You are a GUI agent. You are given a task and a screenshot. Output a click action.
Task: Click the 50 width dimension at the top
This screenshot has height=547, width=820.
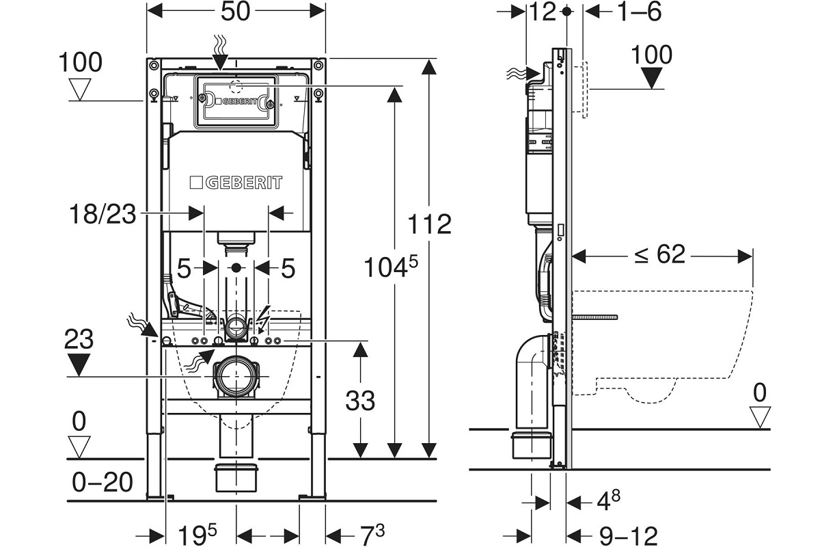pos(235,12)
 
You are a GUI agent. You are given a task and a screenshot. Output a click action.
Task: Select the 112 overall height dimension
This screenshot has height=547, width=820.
pos(430,224)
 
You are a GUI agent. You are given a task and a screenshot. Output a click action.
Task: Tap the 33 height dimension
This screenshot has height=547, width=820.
pos(359,400)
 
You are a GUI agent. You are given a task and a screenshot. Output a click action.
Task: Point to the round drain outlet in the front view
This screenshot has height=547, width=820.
pos(236,375)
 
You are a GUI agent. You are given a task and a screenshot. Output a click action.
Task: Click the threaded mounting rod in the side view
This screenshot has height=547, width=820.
pos(596,317)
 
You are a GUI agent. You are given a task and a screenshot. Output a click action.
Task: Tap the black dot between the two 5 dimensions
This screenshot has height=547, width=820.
pos(236,267)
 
